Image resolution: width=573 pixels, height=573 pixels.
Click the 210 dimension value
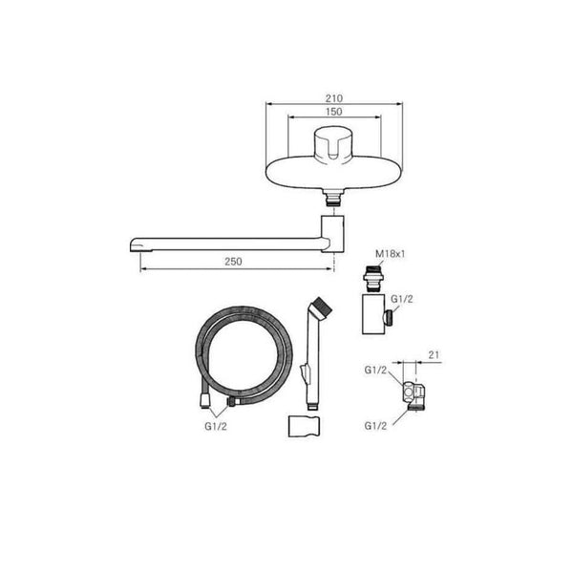click(334, 98)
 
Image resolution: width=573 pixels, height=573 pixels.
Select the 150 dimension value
click(334, 112)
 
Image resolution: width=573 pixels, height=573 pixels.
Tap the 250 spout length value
click(233, 262)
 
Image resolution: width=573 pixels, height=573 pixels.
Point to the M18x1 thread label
click(391, 254)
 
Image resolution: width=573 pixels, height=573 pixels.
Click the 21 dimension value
click(434, 354)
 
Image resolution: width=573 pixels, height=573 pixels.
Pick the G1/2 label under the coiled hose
click(216, 427)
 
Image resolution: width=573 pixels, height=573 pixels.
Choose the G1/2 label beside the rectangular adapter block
click(402, 299)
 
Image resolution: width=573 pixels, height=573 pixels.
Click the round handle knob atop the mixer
click(332, 144)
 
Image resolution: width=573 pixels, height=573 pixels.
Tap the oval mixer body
click(334, 173)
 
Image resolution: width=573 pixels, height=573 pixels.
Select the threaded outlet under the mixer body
click(333, 198)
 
